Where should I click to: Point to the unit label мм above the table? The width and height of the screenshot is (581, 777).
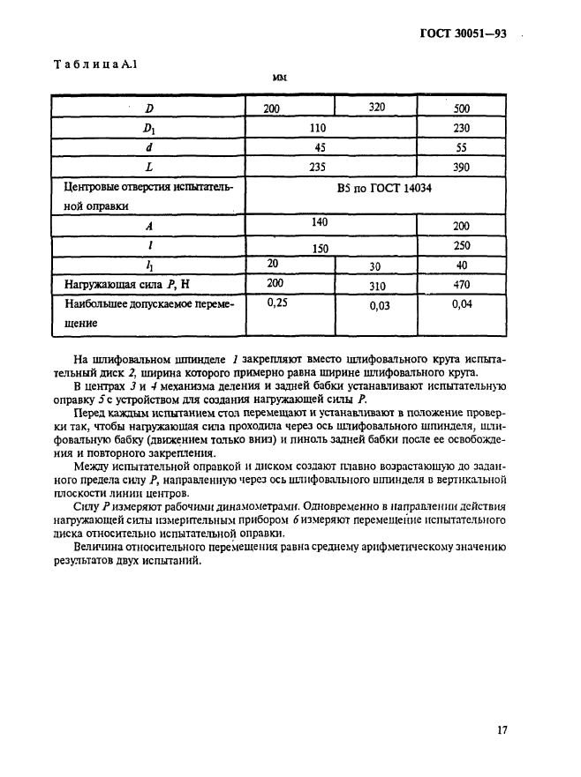[280, 78]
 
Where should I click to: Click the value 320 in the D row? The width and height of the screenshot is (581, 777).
[378, 108]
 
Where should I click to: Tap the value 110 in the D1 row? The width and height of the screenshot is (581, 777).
[319, 128]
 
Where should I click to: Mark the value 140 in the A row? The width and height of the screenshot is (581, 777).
[318, 224]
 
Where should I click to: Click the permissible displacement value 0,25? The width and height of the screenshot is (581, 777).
[277, 303]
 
